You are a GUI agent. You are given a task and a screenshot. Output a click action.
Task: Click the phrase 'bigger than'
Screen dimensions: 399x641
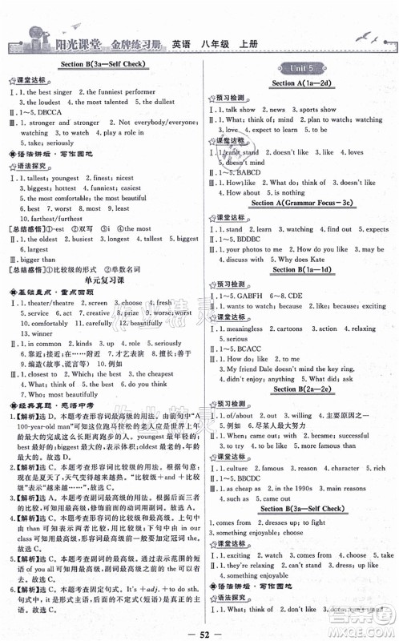point(36,261)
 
